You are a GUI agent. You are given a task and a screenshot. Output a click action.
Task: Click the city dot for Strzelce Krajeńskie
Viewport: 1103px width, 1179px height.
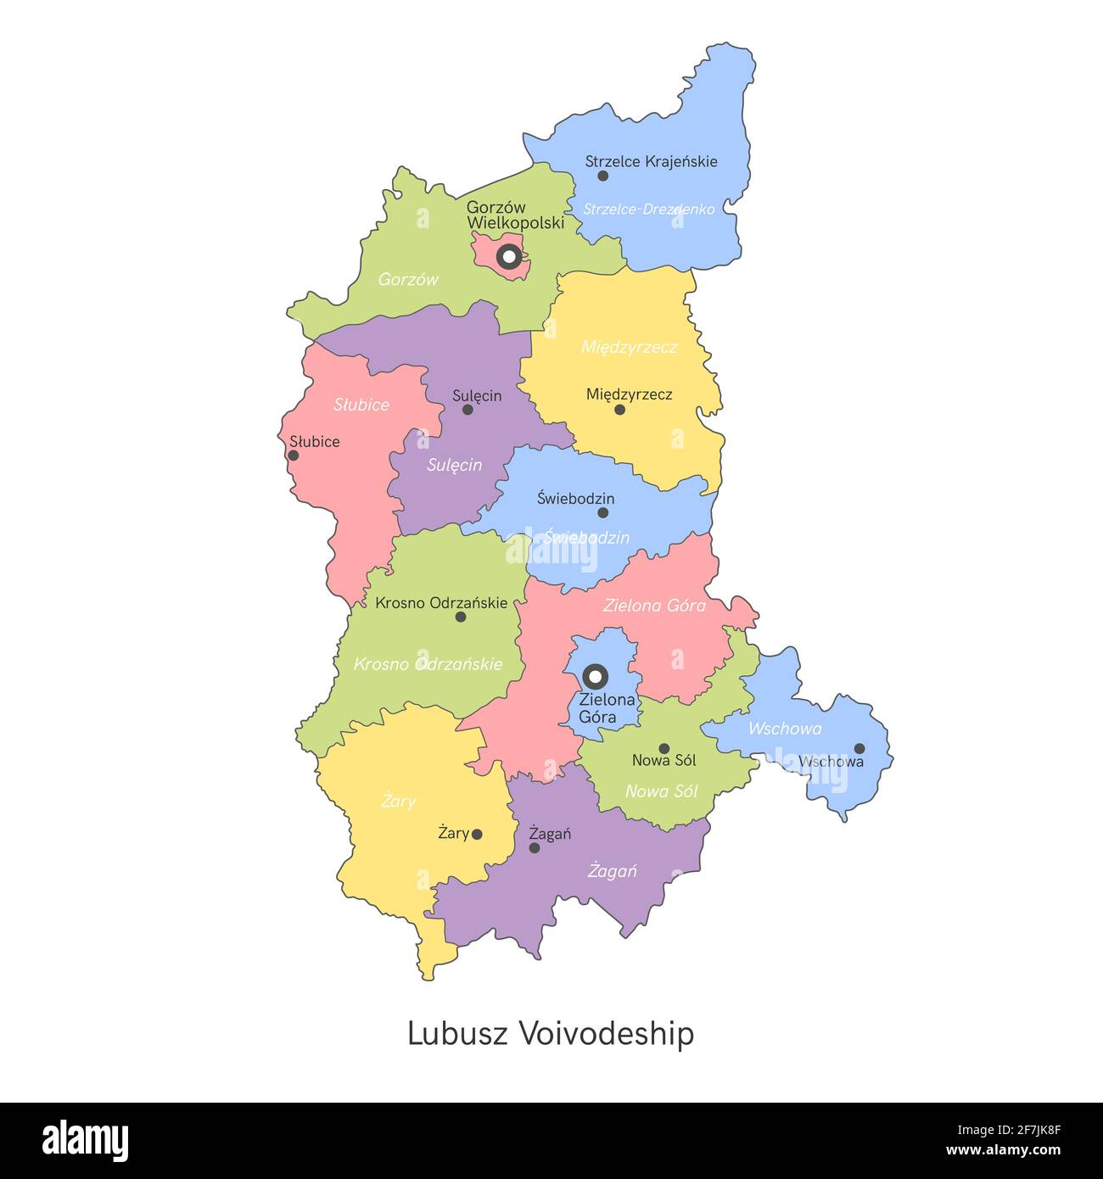[x=602, y=176]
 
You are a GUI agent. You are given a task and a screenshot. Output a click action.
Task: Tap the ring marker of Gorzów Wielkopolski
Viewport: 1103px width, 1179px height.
[x=508, y=255]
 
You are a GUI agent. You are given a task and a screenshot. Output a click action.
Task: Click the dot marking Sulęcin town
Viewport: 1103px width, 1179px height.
[x=468, y=410]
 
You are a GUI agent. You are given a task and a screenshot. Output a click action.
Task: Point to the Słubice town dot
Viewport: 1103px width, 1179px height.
[x=294, y=455]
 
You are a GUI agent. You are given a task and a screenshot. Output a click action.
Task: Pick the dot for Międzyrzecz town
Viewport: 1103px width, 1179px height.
[x=619, y=410]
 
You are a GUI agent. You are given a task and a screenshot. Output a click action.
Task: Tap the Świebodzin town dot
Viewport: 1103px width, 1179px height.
[x=602, y=512]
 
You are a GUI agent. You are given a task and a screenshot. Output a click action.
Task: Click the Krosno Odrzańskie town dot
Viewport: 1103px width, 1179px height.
[x=461, y=617]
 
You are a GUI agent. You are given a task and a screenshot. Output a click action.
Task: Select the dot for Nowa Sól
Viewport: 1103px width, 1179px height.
[x=664, y=748]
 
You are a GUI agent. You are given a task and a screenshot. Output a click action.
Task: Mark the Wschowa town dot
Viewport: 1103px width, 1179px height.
[x=859, y=748]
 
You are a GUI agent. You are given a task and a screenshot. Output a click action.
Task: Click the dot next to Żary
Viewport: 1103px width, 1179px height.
[x=477, y=835]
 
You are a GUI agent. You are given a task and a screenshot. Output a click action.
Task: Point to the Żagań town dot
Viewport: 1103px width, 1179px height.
[x=535, y=847]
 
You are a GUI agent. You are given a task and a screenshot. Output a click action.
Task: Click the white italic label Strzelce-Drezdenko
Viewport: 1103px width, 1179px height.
[x=648, y=209]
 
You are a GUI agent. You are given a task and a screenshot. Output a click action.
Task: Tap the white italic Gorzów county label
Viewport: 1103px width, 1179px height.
[x=408, y=279]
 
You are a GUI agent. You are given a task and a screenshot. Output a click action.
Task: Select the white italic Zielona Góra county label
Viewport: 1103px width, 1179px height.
[x=654, y=606]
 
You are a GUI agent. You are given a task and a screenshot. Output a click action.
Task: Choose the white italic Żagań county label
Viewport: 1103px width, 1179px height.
[x=612, y=871]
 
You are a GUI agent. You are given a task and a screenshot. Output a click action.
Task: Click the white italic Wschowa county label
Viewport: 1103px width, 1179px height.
[x=784, y=729]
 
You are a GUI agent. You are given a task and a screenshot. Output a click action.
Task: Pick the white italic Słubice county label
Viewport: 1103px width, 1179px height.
[x=361, y=405]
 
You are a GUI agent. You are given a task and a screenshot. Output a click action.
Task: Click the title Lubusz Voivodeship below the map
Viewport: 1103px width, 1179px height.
[x=551, y=1034]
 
